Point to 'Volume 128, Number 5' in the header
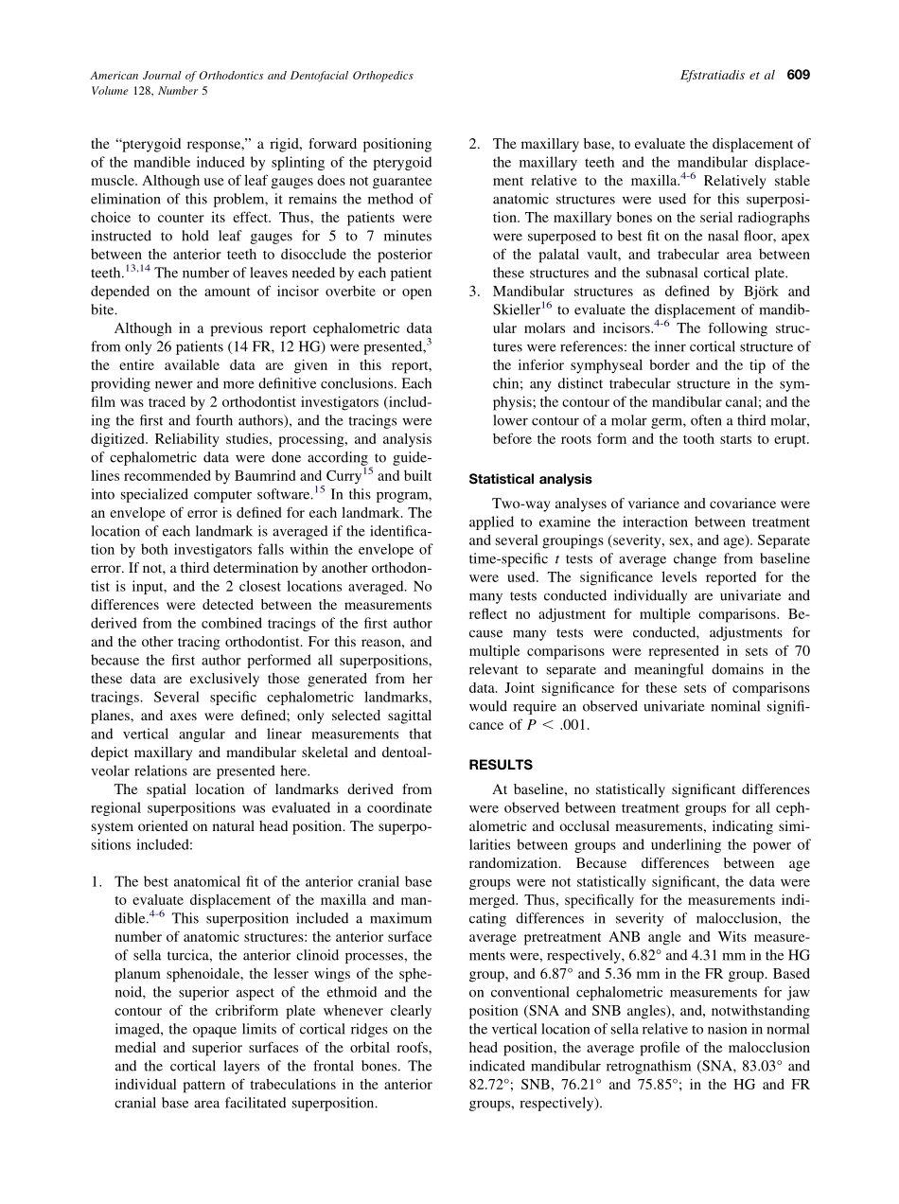[x=149, y=91]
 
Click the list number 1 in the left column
[x=97, y=881]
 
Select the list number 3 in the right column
[x=475, y=292]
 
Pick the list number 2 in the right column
[x=475, y=145]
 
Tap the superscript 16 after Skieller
[x=547, y=305]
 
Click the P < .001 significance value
[x=543, y=725]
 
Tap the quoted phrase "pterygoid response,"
[x=173, y=145]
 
